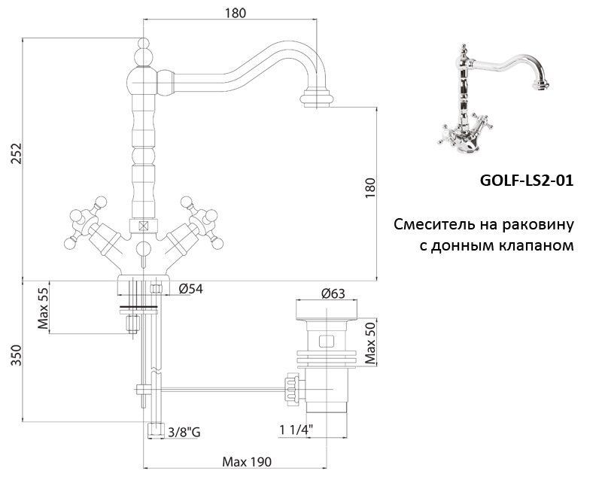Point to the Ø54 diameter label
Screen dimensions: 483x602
[192, 289]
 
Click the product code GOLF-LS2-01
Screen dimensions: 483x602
[526, 181]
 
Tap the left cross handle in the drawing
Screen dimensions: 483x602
[87, 221]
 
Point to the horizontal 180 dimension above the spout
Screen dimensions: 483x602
[236, 13]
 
